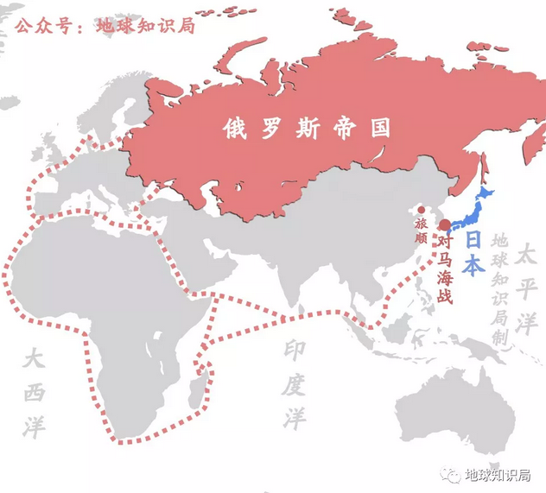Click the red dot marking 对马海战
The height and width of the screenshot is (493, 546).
coord(445,224)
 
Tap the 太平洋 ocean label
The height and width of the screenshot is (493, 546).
coord(526,288)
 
